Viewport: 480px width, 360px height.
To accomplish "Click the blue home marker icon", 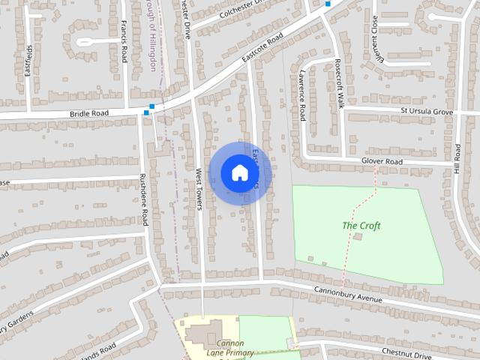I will pos(239,173).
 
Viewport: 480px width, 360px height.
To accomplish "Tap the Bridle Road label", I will pos(89,113).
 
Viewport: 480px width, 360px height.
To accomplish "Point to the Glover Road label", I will pos(382,161).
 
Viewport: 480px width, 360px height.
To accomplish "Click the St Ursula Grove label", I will pos(427,112).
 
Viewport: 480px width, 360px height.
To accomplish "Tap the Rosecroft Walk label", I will pos(337,83).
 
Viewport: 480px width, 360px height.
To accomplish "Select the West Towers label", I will pos(199,189).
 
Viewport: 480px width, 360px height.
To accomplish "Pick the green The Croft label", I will pos(361,225).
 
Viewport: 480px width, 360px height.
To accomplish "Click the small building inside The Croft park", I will pos(357,237).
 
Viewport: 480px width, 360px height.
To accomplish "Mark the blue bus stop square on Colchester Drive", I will pos(328,3).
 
